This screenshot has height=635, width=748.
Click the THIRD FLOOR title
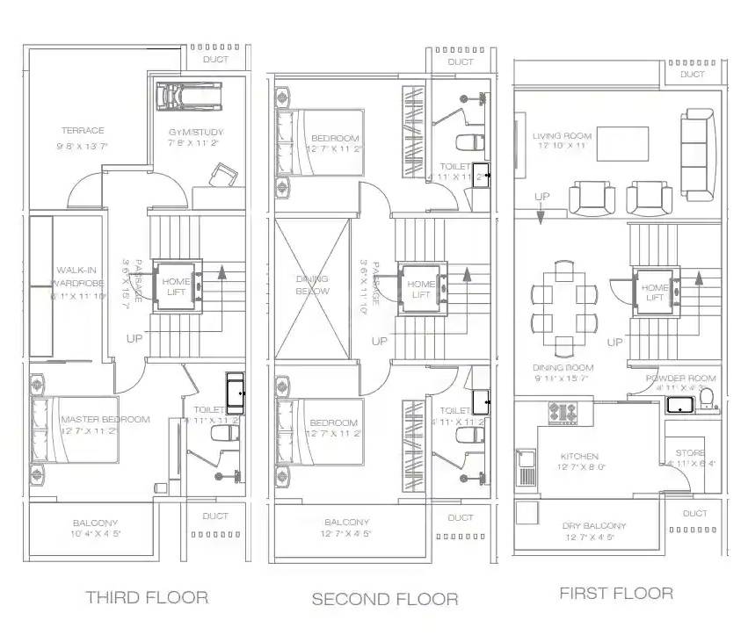(147, 598)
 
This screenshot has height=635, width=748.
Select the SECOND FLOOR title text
(384, 599)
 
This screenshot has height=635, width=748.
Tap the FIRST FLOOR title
(616, 594)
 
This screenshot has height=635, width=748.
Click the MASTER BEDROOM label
(105, 420)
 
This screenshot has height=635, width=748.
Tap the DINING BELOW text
(312, 285)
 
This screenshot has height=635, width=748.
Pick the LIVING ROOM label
(562, 136)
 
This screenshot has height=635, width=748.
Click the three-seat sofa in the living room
(699, 156)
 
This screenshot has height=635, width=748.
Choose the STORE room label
(691, 454)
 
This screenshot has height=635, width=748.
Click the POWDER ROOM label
(681, 379)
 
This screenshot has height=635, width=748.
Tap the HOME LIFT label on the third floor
(176, 286)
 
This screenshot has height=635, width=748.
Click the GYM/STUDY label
(196, 133)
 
